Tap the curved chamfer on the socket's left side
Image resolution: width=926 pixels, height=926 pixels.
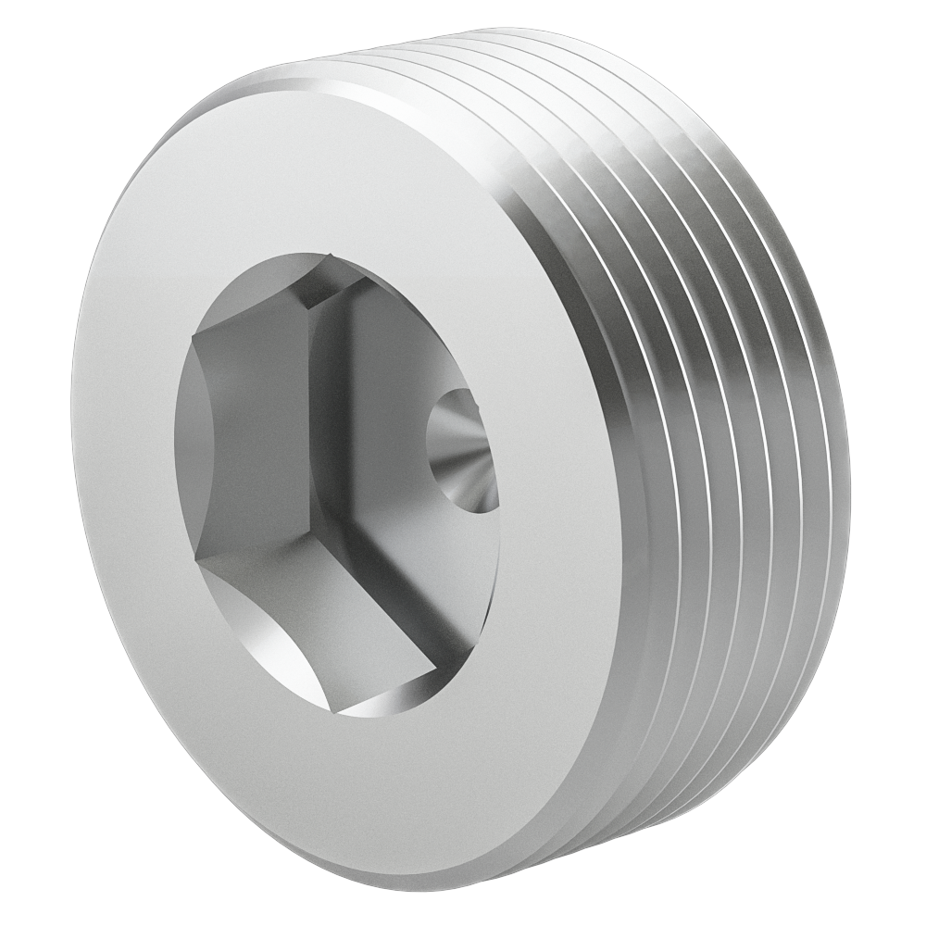click(x=190, y=435)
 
